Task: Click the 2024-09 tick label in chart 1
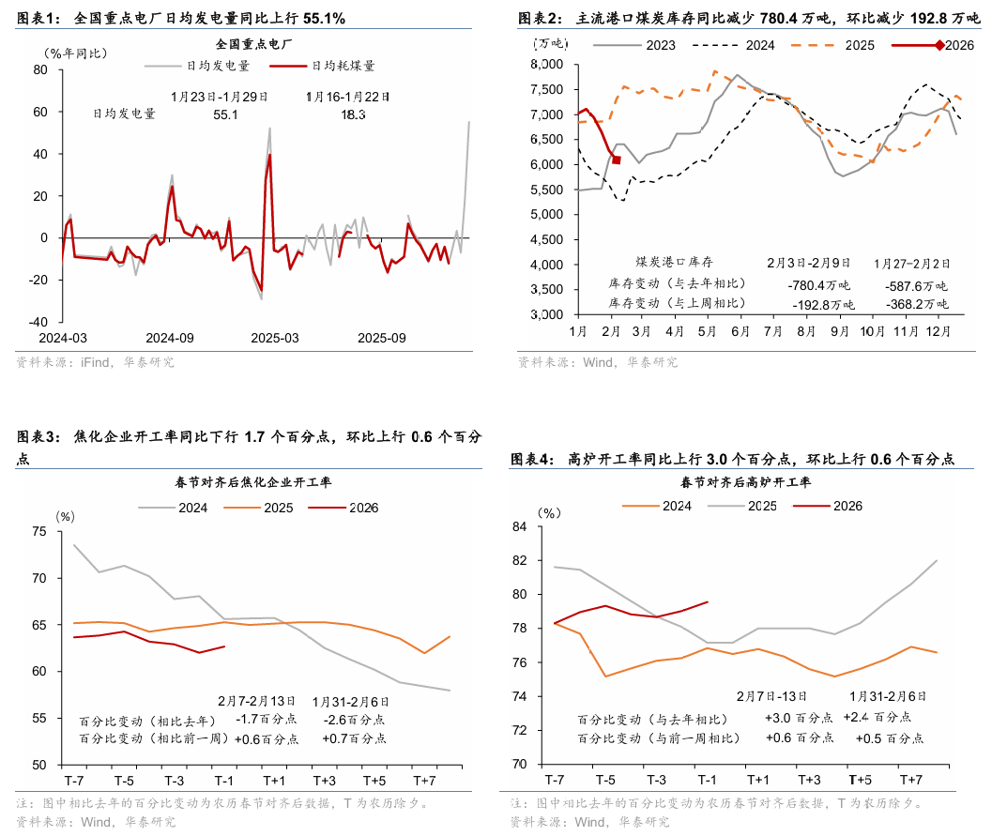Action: pos(170,337)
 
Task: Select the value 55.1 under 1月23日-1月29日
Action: pos(226,114)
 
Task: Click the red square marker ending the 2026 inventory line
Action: pos(617,160)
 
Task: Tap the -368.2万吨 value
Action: pos(917,305)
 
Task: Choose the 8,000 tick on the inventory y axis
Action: pos(545,64)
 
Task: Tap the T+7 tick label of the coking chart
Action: pos(424,781)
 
